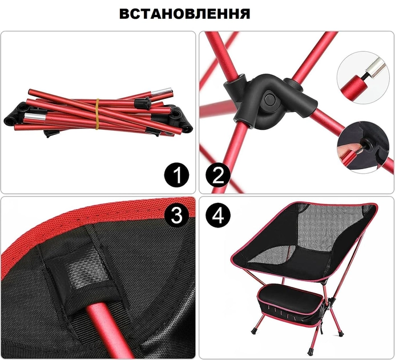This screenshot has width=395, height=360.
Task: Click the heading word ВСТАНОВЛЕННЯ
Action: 184,14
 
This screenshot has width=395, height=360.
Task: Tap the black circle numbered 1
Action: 176,175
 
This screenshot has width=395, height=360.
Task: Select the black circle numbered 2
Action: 218,175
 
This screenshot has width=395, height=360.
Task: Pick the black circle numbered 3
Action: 176,215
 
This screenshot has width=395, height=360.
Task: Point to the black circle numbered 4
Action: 218,215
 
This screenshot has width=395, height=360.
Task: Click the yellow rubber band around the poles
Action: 97,114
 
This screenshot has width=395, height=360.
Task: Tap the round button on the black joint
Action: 270,99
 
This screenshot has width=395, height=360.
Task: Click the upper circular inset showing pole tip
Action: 362,77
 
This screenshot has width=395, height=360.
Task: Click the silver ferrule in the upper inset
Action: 376,66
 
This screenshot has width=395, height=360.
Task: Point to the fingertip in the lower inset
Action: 346,150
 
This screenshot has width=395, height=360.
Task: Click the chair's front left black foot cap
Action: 254,331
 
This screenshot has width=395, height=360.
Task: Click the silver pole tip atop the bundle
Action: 162,91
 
